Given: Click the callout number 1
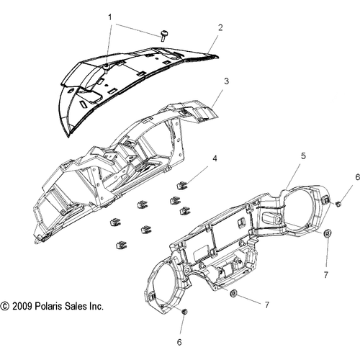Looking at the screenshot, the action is coord(110,17).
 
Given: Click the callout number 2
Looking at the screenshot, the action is coord(220,27).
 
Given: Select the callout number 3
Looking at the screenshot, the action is coord(226,81).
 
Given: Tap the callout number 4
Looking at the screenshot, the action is coord(215,158).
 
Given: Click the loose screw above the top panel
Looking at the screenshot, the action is coord(164,35).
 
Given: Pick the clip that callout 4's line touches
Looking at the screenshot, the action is coord(181,186).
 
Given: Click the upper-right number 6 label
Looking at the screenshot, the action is coord(358,177).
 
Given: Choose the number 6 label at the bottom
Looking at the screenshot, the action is coord(179,342).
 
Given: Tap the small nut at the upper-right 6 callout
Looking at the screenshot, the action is coord(338,204).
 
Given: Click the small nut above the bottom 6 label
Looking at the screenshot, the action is coord(184,312).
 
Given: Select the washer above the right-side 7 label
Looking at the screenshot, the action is coord(327,233).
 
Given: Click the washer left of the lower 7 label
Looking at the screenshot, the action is coord(233,293).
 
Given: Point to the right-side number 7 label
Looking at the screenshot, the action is coord(325,275).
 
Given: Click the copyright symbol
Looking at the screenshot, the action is coord(5,307).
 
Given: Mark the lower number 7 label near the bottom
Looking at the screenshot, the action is coord(267,305).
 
